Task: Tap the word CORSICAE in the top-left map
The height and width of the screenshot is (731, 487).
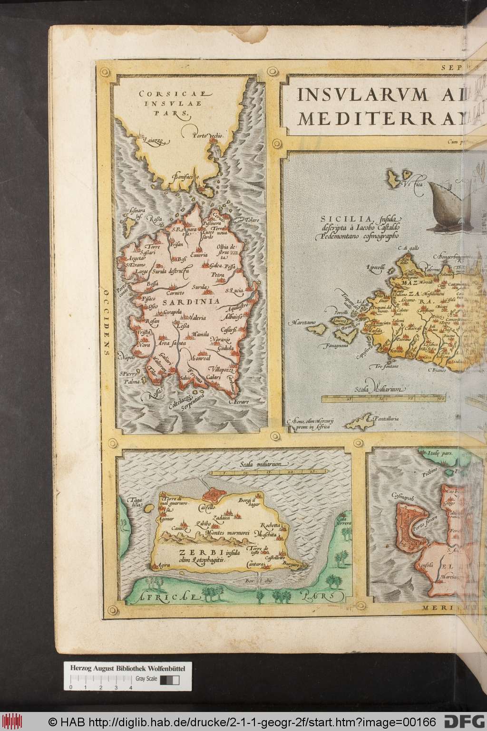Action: [x=157, y=94]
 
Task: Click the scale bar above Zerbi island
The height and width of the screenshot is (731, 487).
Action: [x=259, y=472]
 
